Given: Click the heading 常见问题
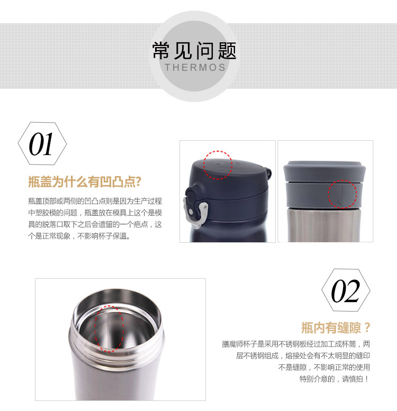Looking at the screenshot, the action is pos(194,51).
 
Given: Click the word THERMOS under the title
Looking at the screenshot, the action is pos(195,68).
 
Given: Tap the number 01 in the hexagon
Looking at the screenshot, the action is pos(41,144).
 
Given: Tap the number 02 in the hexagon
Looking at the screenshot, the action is pos(345,291).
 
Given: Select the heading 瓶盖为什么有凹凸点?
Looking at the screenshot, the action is pos(85,181).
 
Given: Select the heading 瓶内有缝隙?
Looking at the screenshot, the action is pos(336,327).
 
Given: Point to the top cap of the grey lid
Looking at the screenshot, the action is pos(324,171).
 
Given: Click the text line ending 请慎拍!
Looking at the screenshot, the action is pos(335,379).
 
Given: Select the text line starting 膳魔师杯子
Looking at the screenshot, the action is pos(296,344).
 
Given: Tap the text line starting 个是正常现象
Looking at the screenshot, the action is pos(79,236).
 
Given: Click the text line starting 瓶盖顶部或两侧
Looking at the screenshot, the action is pos(95,201).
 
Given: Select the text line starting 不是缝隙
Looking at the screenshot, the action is pos(324,367).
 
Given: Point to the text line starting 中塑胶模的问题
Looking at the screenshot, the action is pos(95,213).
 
